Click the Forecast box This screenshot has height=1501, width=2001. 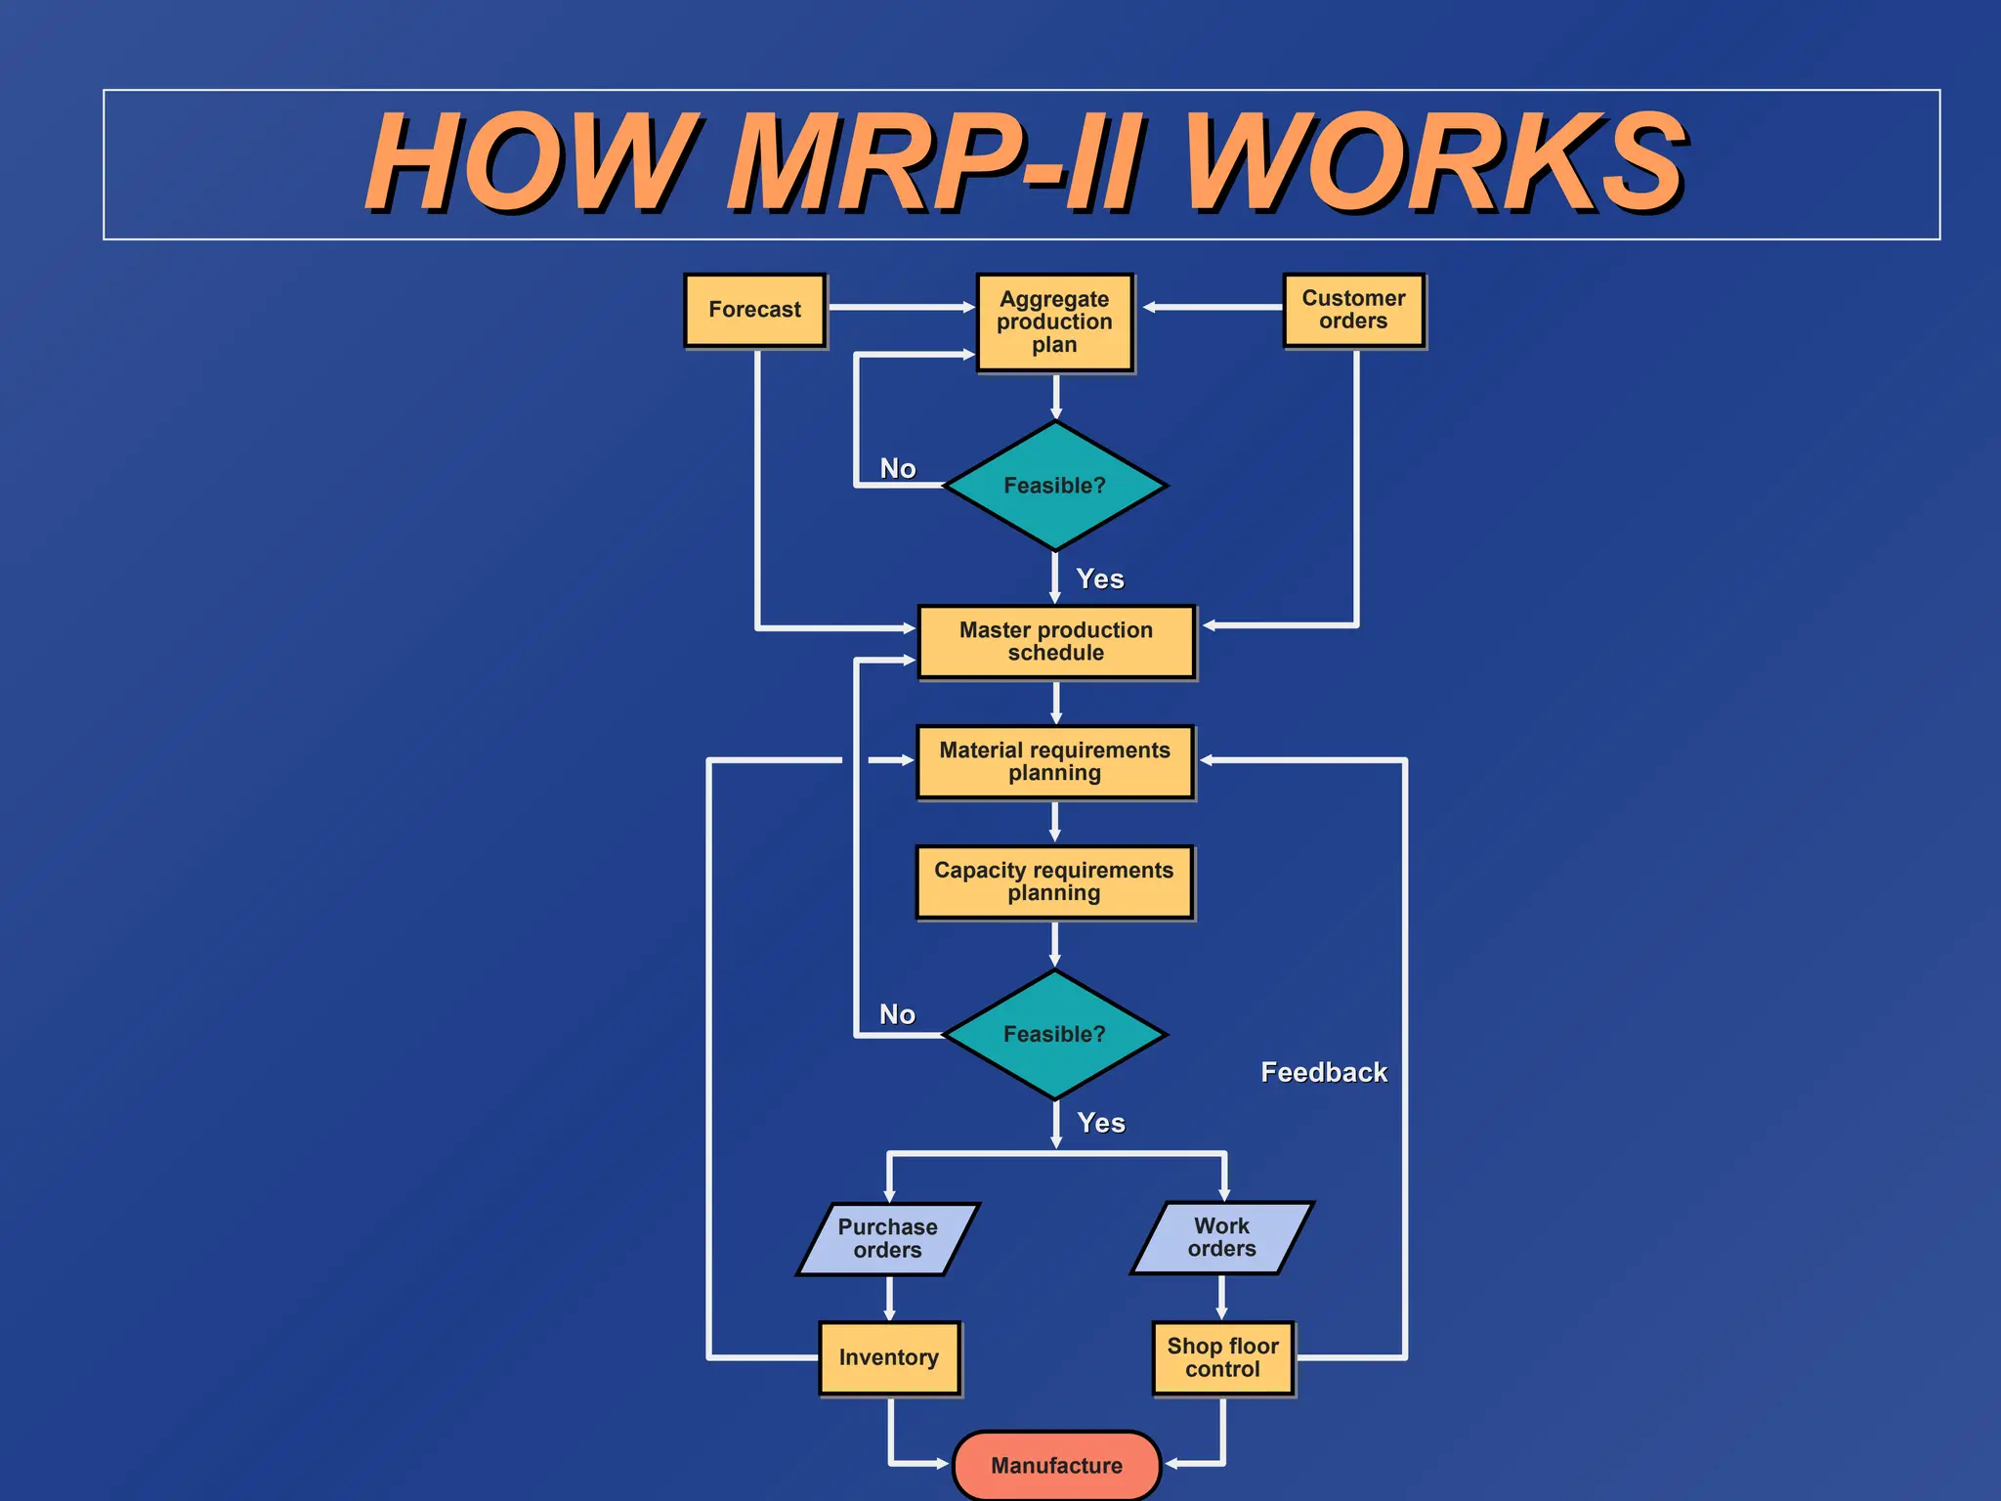click(754, 310)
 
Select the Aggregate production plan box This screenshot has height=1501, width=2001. click(1054, 322)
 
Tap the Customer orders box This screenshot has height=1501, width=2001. click(1353, 310)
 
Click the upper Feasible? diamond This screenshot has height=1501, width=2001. click(1054, 486)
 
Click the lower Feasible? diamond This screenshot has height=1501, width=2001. click(1054, 1034)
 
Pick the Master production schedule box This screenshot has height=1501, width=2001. click(1055, 641)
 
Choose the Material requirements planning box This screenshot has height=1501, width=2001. click(1054, 761)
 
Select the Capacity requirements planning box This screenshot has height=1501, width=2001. click(1054, 881)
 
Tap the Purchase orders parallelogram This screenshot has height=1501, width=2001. click(887, 1238)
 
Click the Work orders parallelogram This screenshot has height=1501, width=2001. click(1221, 1237)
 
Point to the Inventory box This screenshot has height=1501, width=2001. click(889, 1357)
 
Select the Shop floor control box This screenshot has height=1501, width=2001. click(1222, 1357)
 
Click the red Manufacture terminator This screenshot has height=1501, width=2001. click(1056, 1465)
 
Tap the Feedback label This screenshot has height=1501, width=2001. click(1323, 1072)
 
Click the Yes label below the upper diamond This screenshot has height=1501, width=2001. click(1100, 579)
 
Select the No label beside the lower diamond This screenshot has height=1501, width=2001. click(897, 1014)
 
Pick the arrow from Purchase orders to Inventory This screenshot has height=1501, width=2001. click(889, 1298)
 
